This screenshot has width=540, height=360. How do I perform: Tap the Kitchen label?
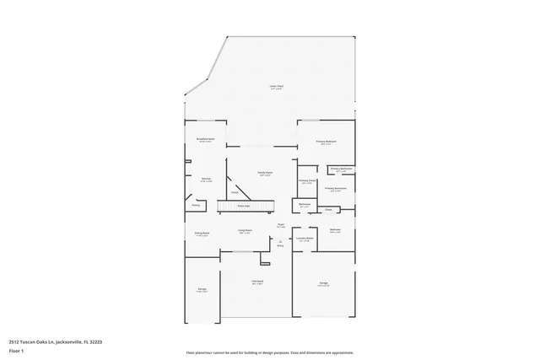[x=205, y=179]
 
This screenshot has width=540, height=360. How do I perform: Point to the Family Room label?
[x=265, y=174]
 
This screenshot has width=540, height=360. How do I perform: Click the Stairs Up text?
[x=243, y=205]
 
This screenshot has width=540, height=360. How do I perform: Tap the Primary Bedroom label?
[x=326, y=142]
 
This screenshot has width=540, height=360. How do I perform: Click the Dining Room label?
[x=202, y=234]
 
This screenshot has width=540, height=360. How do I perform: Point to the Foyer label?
[x=280, y=225]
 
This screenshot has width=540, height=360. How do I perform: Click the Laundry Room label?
[x=305, y=239]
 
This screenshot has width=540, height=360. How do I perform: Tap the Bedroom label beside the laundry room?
[x=335, y=230]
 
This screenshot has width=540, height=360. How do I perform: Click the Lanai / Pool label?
[x=275, y=87]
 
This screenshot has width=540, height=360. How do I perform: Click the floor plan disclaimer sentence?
[x=270, y=352]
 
